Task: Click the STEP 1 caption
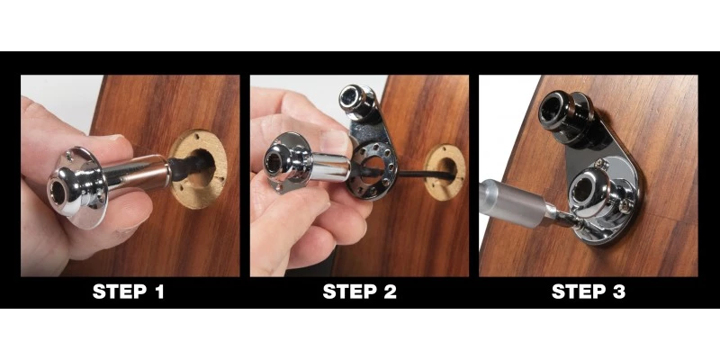coord(131,292)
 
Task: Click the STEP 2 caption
coord(359,292)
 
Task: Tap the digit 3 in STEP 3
coord(620,292)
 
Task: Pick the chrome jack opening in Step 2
coord(274,162)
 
